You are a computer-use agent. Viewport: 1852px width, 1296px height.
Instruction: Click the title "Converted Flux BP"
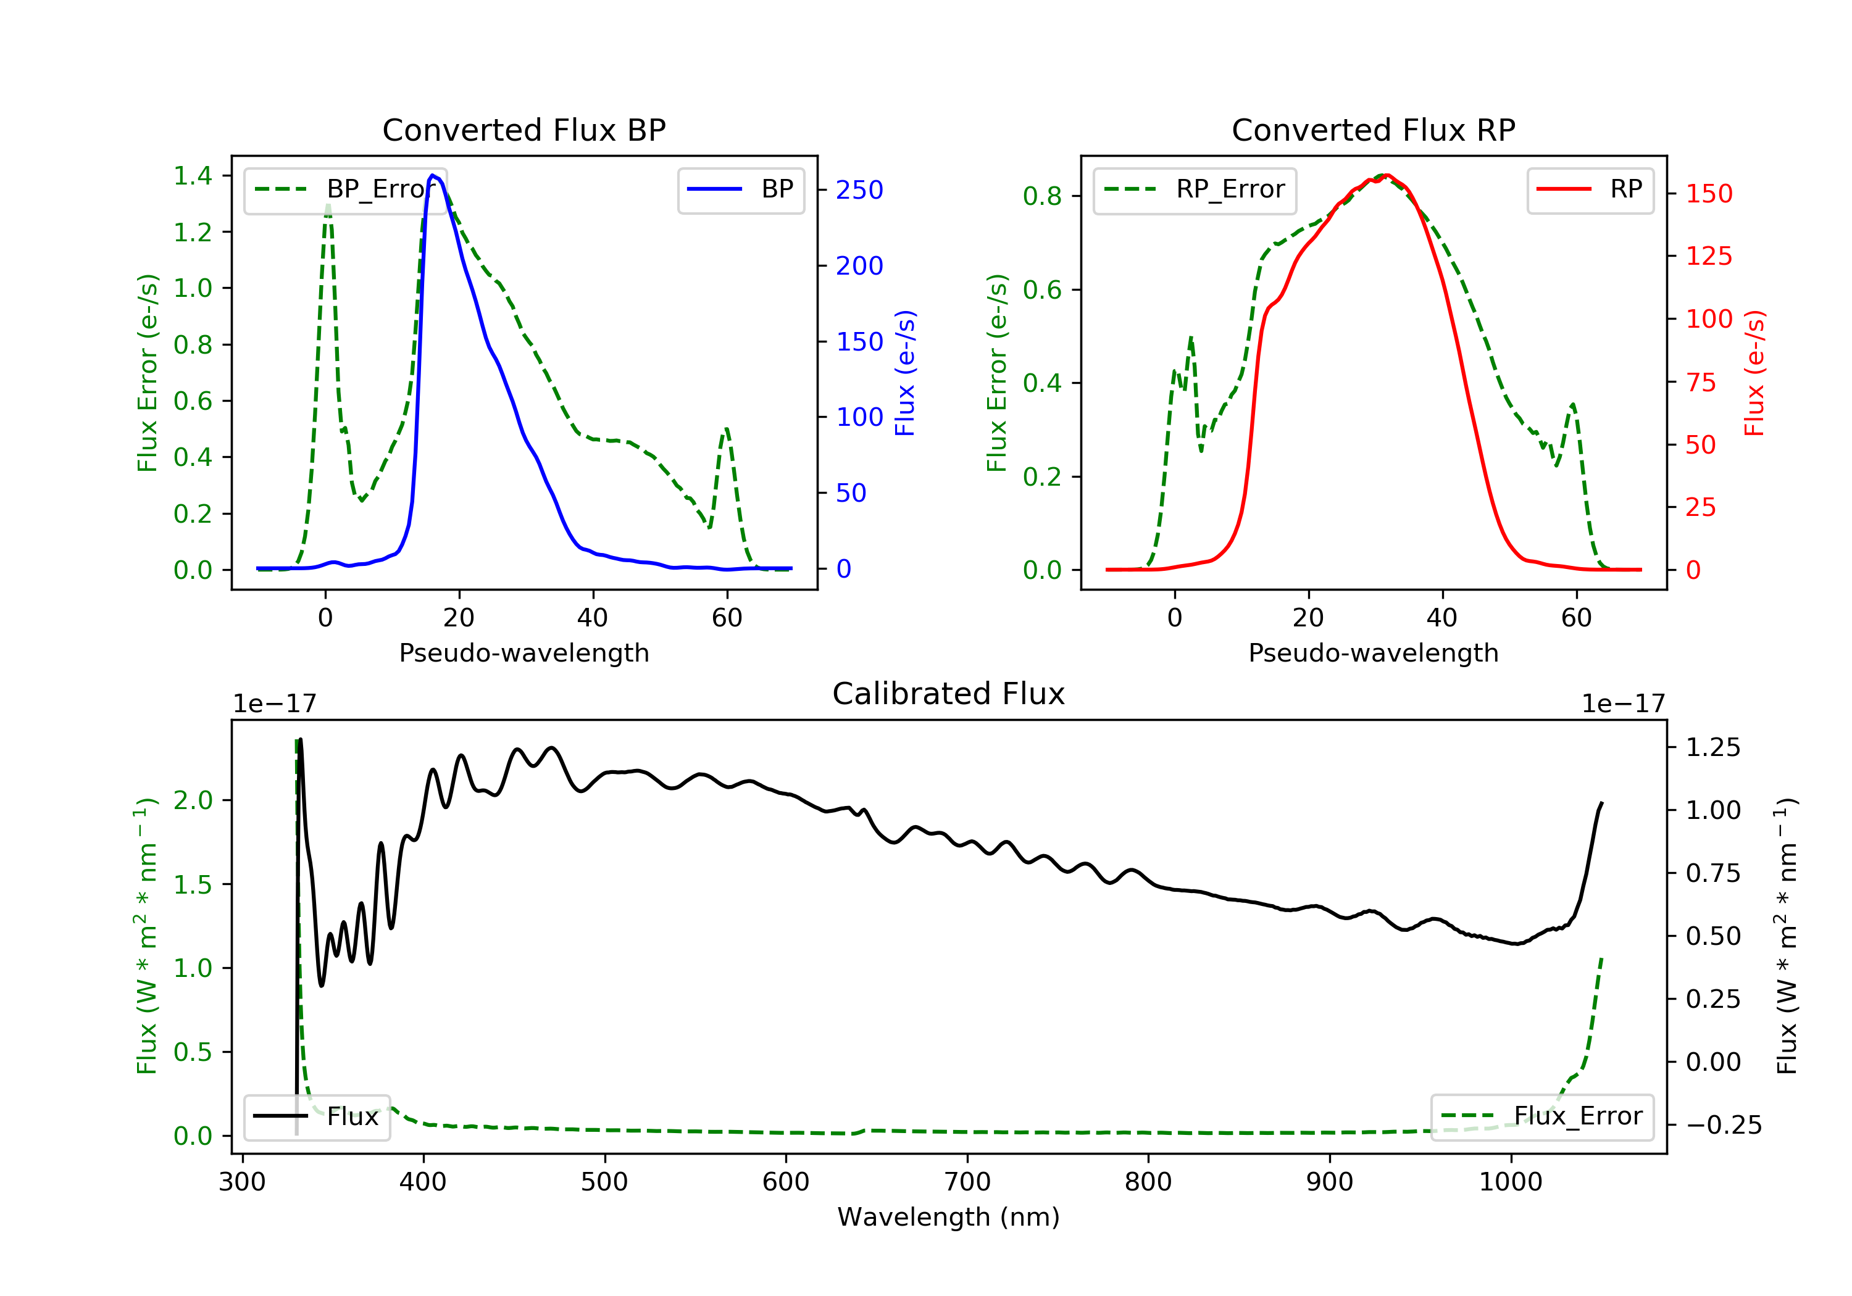pos(523,130)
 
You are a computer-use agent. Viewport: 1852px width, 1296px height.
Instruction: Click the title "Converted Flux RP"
pos(1373,130)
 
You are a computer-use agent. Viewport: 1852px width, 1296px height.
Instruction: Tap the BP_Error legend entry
pos(345,189)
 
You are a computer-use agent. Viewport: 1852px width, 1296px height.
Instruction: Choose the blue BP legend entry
pos(740,189)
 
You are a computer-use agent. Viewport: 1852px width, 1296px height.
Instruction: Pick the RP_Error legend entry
pos(1194,189)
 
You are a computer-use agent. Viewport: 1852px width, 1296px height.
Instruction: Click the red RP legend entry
pos(1590,189)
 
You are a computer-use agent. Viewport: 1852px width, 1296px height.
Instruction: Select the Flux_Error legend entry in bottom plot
pos(1541,1116)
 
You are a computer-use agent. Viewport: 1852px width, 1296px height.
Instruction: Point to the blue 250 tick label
pos(859,190)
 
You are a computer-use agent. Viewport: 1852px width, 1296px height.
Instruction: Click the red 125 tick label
pos(1708,257)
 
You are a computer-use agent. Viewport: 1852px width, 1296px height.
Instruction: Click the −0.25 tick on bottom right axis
pos(1723,1125)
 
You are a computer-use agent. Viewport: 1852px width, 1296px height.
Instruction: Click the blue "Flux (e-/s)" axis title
pos(905,373)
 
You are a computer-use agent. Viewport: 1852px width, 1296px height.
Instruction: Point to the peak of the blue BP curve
pos(433,175)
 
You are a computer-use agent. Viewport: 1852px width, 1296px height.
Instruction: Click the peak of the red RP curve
pos(1386,176)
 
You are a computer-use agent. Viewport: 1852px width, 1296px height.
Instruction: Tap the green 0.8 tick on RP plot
pos(1042,196)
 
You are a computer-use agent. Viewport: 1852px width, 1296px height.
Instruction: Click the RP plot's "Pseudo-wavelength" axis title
pos(1373,652)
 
